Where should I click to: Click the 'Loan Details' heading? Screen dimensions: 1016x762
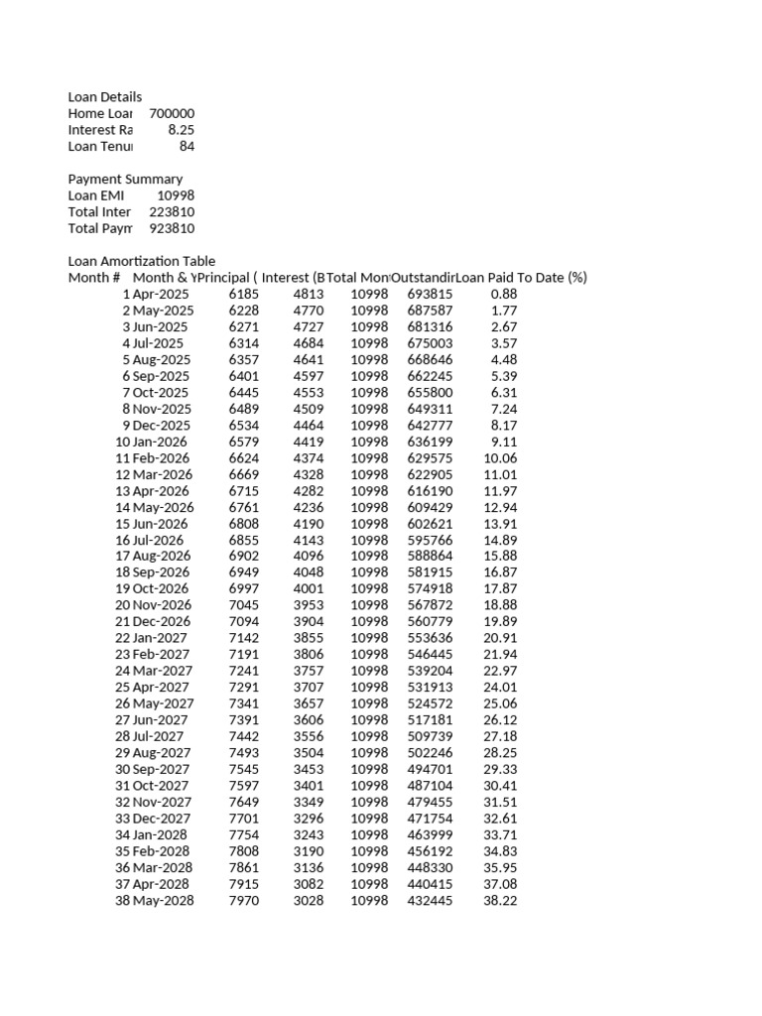click(x=104, y=97)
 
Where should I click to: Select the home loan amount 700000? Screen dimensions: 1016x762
click(x=172, y=114)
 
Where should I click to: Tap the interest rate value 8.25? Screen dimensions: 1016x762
click(x=181, y=130)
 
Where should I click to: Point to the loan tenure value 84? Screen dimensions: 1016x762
click(x=187, y=147)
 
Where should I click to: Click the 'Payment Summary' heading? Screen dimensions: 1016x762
click(x=125, y=180)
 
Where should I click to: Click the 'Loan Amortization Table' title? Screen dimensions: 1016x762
click(x=141, y=261)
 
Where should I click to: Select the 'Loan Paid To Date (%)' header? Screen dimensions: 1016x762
click(x=522, y=278)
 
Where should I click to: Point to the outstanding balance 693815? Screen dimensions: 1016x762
click(x=430, y=295)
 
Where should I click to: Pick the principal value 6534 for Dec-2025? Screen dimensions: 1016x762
click(x=243, y=426)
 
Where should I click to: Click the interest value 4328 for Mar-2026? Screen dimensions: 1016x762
click(x=308, y=475)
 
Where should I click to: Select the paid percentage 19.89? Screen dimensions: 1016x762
click(x=500, y=622)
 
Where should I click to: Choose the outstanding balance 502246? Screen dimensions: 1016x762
click(x=430, y=753)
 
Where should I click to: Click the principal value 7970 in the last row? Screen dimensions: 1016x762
click(x=243, y=901)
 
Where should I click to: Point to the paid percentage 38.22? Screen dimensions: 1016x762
click(x=500, y=901)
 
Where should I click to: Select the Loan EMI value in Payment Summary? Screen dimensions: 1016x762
click(x=176, y=195)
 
